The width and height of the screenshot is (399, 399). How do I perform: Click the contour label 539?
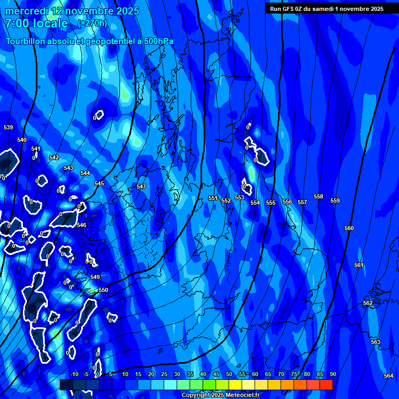[8, 127]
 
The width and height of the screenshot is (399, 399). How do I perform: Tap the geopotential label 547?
[141, 187]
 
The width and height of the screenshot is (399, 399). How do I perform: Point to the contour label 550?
[103, 290]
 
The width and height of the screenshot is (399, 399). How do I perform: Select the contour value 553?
[240, 198]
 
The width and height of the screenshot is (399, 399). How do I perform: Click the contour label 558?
[318, 197]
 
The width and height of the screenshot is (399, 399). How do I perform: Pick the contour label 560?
[349, 229]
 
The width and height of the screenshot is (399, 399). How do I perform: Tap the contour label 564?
[389, 376]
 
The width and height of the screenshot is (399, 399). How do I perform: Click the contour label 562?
[368, 303]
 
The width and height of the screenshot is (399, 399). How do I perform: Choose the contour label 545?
[99, 183]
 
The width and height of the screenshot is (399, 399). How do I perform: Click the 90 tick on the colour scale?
[332, 374]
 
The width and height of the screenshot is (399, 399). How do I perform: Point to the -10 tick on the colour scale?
[74, 374]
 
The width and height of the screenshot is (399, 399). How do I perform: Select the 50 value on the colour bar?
[229, 374]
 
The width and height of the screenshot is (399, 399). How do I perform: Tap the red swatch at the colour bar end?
[326, 384]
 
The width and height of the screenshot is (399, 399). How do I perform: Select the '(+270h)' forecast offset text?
[92, 23]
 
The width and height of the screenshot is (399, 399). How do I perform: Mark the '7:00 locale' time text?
[36, 24]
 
